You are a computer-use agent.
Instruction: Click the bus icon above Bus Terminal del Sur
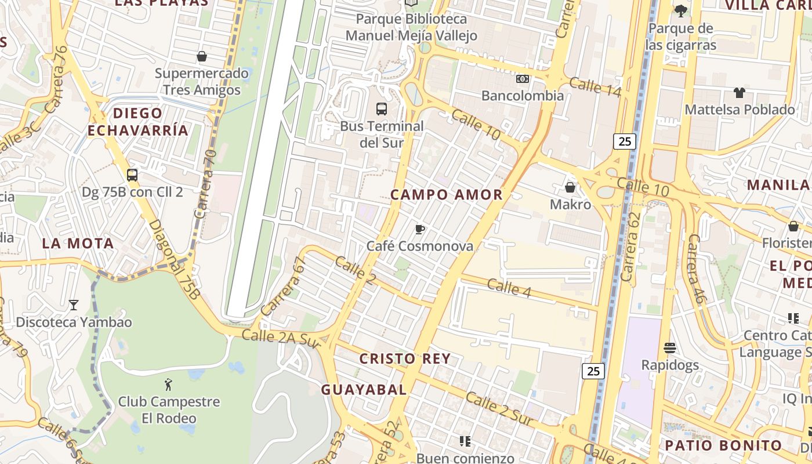pyautogui.click(x=382, y=108)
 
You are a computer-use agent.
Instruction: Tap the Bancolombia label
pyautogui.click(x=523, y=96)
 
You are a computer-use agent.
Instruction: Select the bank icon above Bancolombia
pyautogui.click(x=523, y=79)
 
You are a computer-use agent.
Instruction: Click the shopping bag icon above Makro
pyautogui.click(x=570, y=187)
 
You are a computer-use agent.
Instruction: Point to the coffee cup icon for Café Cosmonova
pyautogui.click(x=420, y=230)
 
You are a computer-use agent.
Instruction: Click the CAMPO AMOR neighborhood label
pyautogui.click(x=447, y=195)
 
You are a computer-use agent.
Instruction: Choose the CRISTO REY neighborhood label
pyautogui.click(x=405, y=359)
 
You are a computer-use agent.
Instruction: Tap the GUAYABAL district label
pyautogui.click(x=364, y=390)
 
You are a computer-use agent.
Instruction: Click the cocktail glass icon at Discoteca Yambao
pyautogui.click(x=74, y=304)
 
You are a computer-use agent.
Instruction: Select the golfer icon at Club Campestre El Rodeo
pyautogui.click(x=169, y=384)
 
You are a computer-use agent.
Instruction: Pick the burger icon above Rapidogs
pyautogui.click(x=670, y=348)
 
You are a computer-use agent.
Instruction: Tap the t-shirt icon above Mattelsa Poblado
pyautogui.click(x=739, y=92)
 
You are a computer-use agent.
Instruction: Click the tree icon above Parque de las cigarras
pyautogui.click(x=681, y=10)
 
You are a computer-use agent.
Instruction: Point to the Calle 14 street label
pyautogui.click(x=595, y=87)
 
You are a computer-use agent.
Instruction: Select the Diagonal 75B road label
pyautogui.click(x=174, y=260)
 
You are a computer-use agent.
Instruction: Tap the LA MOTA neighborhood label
pyautogui.click(x=78, y=244)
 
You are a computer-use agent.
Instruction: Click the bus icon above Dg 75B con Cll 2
pyautogui.click(x=132, y=175)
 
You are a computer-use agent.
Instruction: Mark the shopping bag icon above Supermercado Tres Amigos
pyautogui.click(x=202, y=56)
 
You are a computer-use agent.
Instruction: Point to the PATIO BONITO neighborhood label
pyautogui.click(x=723, y=445)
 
